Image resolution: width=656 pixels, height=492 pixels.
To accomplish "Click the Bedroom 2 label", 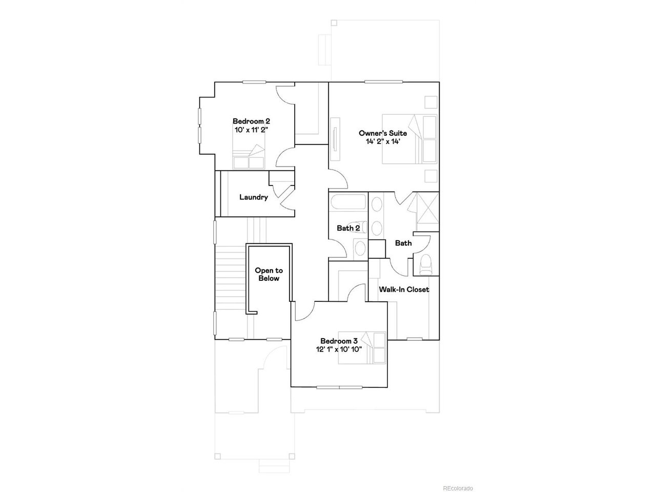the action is click(251, 121).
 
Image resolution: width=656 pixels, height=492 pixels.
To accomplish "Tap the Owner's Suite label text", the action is click(382, 133).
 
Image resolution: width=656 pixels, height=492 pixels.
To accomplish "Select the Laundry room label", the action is click(254, 197).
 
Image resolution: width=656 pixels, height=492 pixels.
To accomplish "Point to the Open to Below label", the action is click(269, 274).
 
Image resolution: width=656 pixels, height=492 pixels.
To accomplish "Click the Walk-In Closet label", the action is click(404, 289).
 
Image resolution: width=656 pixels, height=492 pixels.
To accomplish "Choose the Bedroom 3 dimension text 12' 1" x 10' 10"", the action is click(339, 349).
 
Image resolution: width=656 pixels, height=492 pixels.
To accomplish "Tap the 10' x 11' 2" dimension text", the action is click(251, 130).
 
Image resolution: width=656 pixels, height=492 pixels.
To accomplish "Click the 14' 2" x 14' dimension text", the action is click(383, 141).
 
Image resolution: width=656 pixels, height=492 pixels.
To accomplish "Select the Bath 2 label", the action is click(348, 228).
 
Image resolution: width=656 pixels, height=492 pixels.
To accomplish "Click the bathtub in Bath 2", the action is click(347, 202).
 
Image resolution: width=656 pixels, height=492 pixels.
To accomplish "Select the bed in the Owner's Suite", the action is click(409, 139).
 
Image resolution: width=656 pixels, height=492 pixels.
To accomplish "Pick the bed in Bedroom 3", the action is click(362, 347).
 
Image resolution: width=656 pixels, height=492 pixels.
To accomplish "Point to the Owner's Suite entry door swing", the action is click(338, 179).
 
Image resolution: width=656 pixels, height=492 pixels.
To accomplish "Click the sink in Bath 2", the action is click(360, 248).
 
